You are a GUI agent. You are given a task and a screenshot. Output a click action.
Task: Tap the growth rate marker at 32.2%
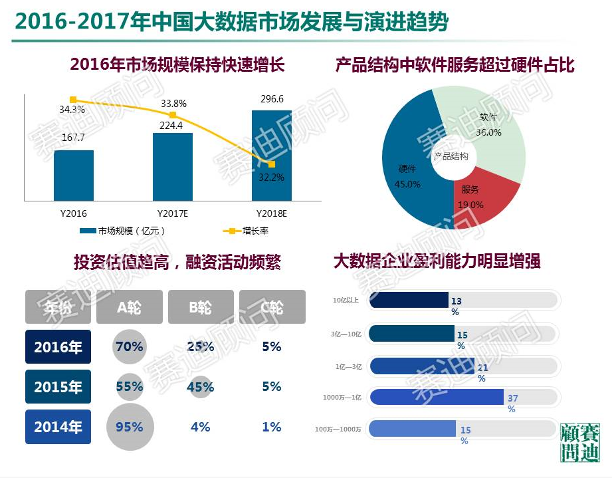(272, 164)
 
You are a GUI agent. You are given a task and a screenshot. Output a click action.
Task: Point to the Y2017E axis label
(173, 213)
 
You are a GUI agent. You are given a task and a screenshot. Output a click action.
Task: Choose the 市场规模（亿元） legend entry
(122, 231)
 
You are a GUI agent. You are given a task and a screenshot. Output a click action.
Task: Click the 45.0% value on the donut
(407, 184)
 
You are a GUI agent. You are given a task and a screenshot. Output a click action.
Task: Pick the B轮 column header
(200, 307)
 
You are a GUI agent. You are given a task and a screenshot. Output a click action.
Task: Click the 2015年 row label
(58, 387)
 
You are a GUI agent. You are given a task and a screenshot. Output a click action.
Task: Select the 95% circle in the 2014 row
(130, 427)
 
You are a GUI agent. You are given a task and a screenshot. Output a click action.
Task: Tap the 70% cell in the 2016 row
(130, 346)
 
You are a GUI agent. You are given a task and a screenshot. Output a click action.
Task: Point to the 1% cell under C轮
(272, 427)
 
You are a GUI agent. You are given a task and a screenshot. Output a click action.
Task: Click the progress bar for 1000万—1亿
(437, 397)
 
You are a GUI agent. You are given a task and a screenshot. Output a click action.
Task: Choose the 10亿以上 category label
(346, 300)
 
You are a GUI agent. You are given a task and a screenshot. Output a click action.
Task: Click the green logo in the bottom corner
(579, 441)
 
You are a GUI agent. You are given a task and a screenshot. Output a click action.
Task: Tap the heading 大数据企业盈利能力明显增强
(437, 261)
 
